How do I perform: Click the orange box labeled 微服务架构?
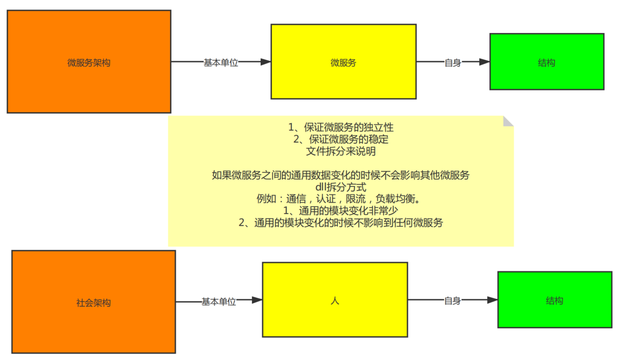tap(89, 62)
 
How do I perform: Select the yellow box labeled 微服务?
tap(343, 62)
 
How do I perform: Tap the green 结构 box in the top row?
tap(547, 62)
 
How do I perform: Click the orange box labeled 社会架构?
tap(93, 302)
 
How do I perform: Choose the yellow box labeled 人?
tap(335, 300)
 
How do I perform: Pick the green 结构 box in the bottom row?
tap(554, 300)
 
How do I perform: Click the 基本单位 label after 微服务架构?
tap(221, 63)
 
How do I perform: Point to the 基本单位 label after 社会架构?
tap(219, 302)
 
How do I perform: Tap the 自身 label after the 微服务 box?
tap(453, 63)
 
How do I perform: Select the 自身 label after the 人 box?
tap(452, 300)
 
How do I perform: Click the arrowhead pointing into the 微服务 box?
tap(266, 62)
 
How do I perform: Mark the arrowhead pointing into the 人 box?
tap(257, 300)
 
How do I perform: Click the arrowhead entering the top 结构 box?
tap(485, 62)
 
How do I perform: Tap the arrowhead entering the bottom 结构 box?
tap(492, 300)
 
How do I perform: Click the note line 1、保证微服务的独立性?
tap(340, 127)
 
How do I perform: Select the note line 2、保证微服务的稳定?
tap(340, 139)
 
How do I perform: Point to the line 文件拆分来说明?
tap(340, 151)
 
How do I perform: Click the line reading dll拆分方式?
tap(340, 187)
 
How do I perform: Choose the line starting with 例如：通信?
tap(340, 199)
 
